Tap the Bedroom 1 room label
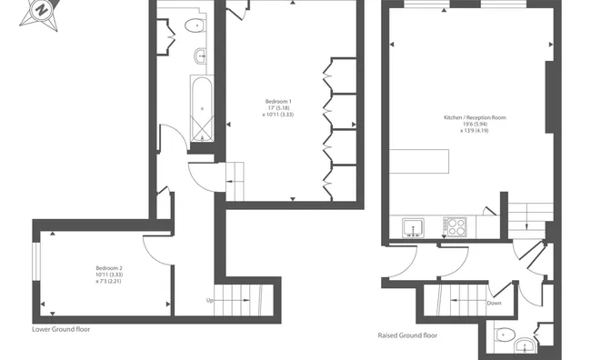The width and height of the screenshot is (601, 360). coord(278,102)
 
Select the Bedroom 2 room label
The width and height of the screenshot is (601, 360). coord(109,268)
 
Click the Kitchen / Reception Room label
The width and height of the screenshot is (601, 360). coord(475,117)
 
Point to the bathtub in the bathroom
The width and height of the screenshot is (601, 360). coord(202,108)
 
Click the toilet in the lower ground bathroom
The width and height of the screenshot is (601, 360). coord(195,25)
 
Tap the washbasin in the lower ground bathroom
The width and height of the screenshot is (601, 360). coord(200,56)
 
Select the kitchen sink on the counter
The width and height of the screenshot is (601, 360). coord(413,227)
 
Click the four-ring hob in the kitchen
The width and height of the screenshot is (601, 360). coord(455,226)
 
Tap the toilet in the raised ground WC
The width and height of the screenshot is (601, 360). coord(503,335)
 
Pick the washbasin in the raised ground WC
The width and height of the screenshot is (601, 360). coord(525,345)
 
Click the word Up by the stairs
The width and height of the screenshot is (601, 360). coord(210,300)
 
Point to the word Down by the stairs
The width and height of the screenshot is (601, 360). coord(494,303)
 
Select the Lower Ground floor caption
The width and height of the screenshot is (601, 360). coord(61,329)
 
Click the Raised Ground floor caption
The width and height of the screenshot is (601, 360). coord(407,335)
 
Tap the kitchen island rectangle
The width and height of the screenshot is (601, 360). coord(419,162)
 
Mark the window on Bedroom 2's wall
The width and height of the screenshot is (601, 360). coord(36,261)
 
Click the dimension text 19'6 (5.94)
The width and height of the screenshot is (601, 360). coord(476,125)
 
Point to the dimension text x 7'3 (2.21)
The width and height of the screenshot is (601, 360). coord(109,281)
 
